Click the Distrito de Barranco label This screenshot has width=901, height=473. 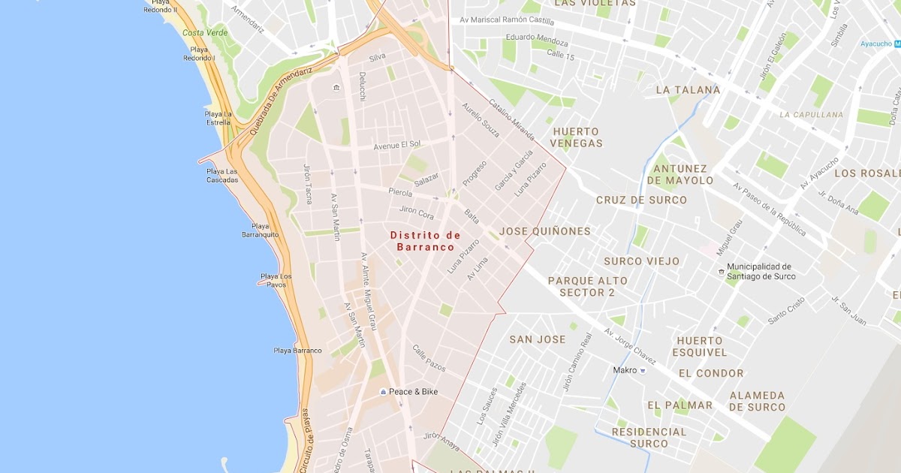coord(425,241)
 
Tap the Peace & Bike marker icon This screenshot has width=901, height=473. coord(383,392)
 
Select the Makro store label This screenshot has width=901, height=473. coord(624,370)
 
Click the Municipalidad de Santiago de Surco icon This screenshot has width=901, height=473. coord(721,271)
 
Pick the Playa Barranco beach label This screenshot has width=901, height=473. coord(297,351)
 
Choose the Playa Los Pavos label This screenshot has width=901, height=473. coord(276,281)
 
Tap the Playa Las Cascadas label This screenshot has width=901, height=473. coord(221,176)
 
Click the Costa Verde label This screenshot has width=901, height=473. coord(204,33)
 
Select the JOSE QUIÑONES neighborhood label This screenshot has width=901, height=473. coord(544,231)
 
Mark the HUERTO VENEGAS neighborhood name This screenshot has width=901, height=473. coord(576,137)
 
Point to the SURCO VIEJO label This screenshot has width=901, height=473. coord(642,261)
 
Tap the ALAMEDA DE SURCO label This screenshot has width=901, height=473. coord(757,402)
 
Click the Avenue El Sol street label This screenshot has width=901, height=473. coord(397,144)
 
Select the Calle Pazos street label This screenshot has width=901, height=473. coord(429,358)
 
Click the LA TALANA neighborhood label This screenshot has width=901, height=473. coord(688,90)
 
